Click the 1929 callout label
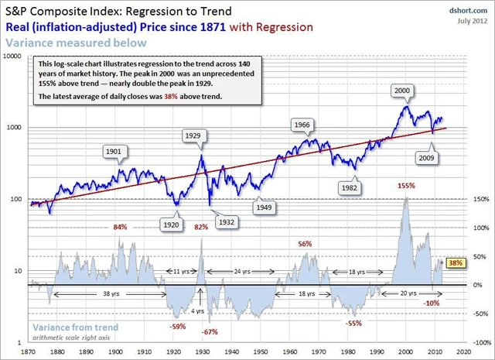tap(193, 135)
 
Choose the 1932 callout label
tap(227, 221)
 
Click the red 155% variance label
tap(407, 186)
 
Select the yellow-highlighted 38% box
tap(456, 263)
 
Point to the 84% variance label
tap(120, 227)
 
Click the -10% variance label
tap(432, 303)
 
